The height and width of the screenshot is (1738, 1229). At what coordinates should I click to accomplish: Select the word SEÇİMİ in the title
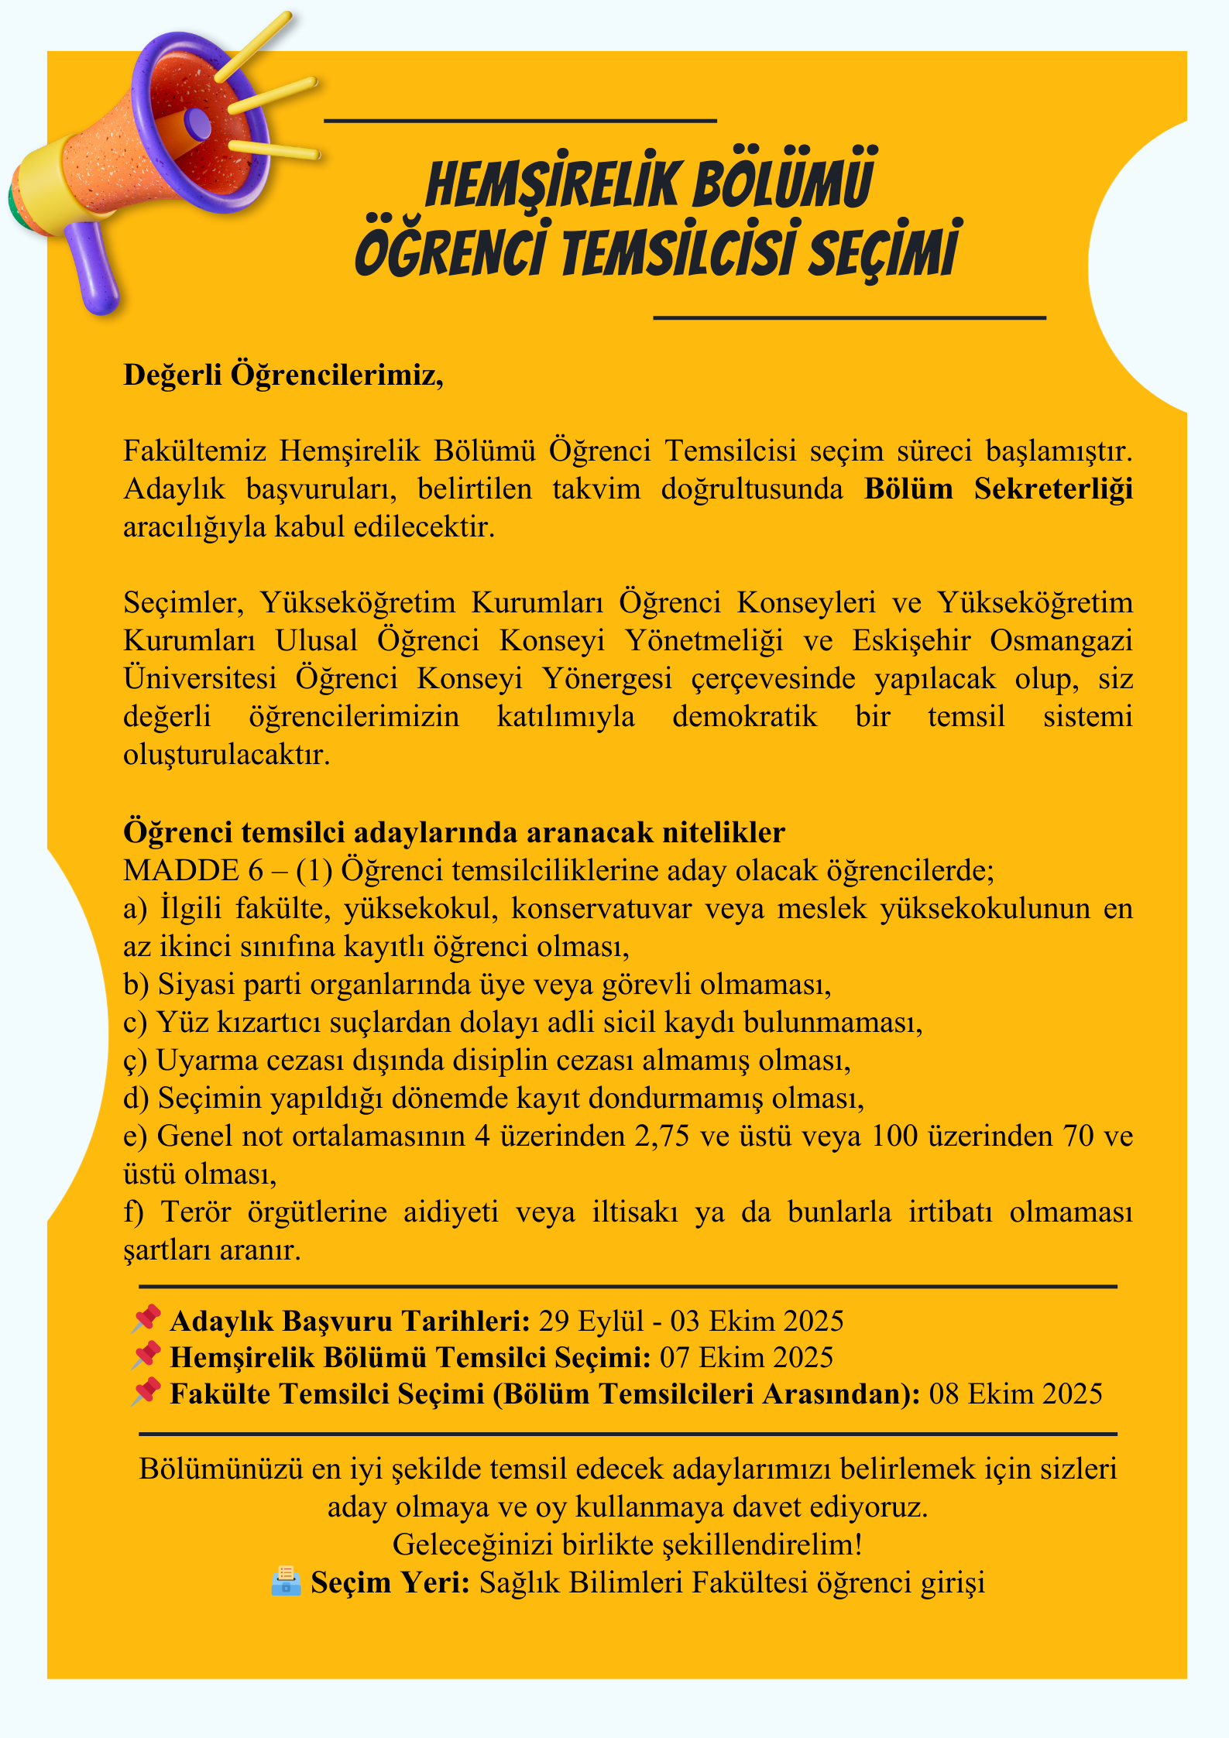[883, 252]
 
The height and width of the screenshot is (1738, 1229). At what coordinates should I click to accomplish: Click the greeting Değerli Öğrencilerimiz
[283, 375]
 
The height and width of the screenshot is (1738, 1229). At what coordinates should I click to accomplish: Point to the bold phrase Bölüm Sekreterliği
[998, 489]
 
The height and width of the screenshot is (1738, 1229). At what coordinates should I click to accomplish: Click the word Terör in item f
[196, 1212]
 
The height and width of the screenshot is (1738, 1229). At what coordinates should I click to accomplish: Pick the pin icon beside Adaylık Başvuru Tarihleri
[146, 1319]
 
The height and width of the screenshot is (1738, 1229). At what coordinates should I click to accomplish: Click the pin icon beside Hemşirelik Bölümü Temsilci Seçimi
[146, 1356]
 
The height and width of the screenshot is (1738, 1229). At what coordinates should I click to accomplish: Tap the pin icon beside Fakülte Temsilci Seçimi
[146, 1392]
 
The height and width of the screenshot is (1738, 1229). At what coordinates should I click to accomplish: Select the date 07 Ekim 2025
[746, 1358]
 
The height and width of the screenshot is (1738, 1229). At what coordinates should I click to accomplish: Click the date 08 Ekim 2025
[1015, 1394]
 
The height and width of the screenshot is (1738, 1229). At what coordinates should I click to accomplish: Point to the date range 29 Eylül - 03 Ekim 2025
[691, 1321]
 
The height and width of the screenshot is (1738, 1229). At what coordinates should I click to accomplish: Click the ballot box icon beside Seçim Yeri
[286, 1581]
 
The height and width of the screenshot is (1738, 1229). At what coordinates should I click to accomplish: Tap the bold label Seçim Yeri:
[390, 1583]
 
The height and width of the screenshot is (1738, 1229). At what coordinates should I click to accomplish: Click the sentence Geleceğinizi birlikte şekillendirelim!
[627, 1544]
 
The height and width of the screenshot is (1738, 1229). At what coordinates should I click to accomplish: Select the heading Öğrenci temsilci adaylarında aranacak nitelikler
[454, 833]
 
